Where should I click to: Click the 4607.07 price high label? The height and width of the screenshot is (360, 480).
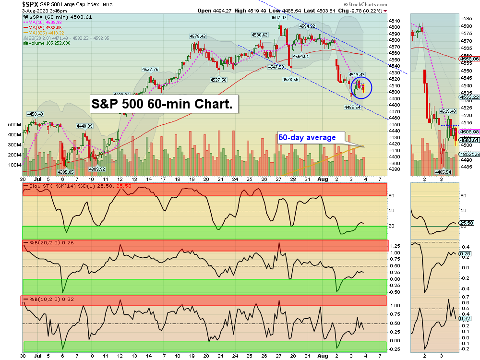tap(278, 17)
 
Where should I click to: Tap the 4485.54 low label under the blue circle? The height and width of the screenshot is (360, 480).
tap(352, 107)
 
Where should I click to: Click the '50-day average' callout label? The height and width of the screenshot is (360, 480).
tap(307, 138)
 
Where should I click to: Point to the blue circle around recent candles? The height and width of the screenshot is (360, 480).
tap(361, 87)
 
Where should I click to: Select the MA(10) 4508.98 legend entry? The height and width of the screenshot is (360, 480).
tap(46, 22)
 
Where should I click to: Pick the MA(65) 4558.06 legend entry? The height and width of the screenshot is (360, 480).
tap(46, 27)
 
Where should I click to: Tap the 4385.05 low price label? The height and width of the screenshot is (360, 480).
tap(65, 172)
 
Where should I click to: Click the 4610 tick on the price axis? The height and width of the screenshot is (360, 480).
tap(394, 21)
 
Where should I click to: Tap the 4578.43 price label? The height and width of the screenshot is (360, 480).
tap(197, 36)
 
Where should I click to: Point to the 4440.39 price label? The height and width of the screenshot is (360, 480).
tap(84, 126)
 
